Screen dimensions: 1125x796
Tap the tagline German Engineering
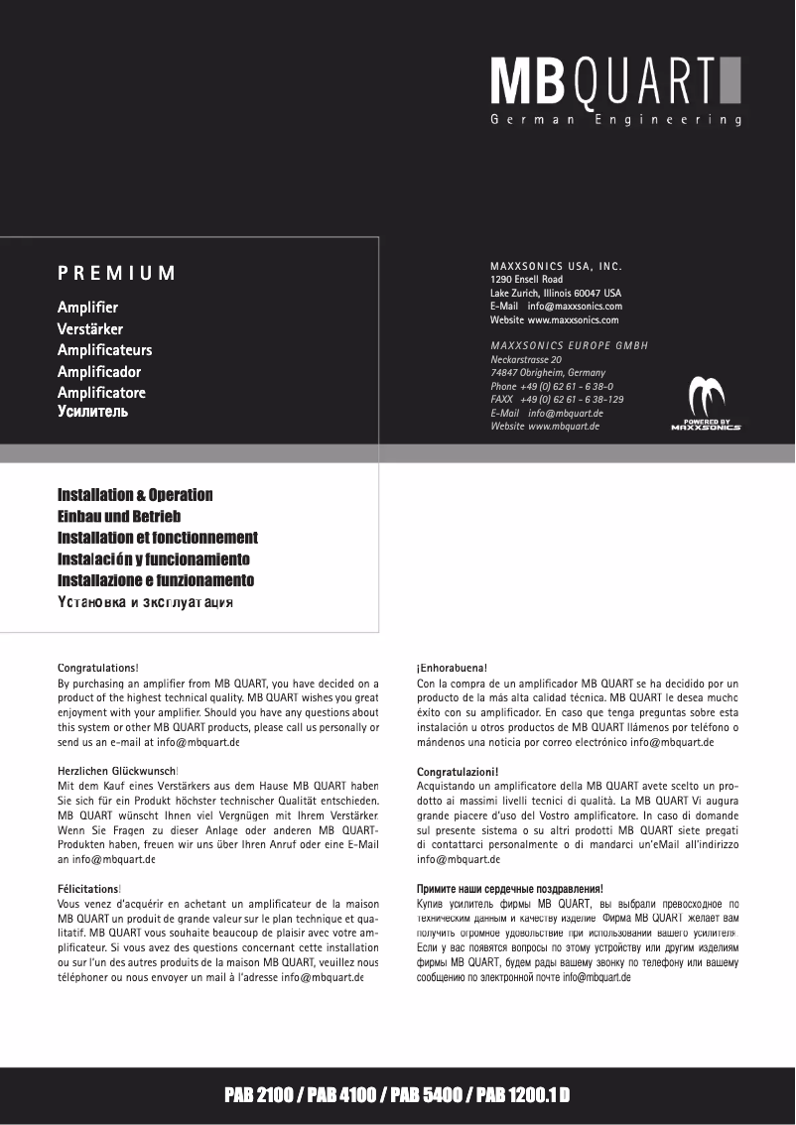(x=615, y=120)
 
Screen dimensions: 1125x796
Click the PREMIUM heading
(x=116, y=273)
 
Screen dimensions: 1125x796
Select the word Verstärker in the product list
(x=90, y=328)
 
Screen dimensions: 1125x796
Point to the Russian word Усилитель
(x=92, y=412)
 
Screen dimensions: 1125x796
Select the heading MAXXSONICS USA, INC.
(x=556, y=267)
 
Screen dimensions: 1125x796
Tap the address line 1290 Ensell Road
(x=526, y=280)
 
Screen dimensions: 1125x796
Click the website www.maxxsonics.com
(x=573, y=320)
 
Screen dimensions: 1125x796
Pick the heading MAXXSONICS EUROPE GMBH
(x=569, y=345)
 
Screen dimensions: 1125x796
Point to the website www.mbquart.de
(x=563, y=426)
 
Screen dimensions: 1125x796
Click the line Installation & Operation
(x=135, y=494)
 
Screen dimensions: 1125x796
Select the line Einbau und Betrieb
(x=119, y=516)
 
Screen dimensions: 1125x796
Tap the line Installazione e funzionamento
(x=156, y=580)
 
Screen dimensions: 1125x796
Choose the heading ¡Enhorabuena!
(x=452, y=669)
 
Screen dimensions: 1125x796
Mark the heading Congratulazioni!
(x=458, y=771)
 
